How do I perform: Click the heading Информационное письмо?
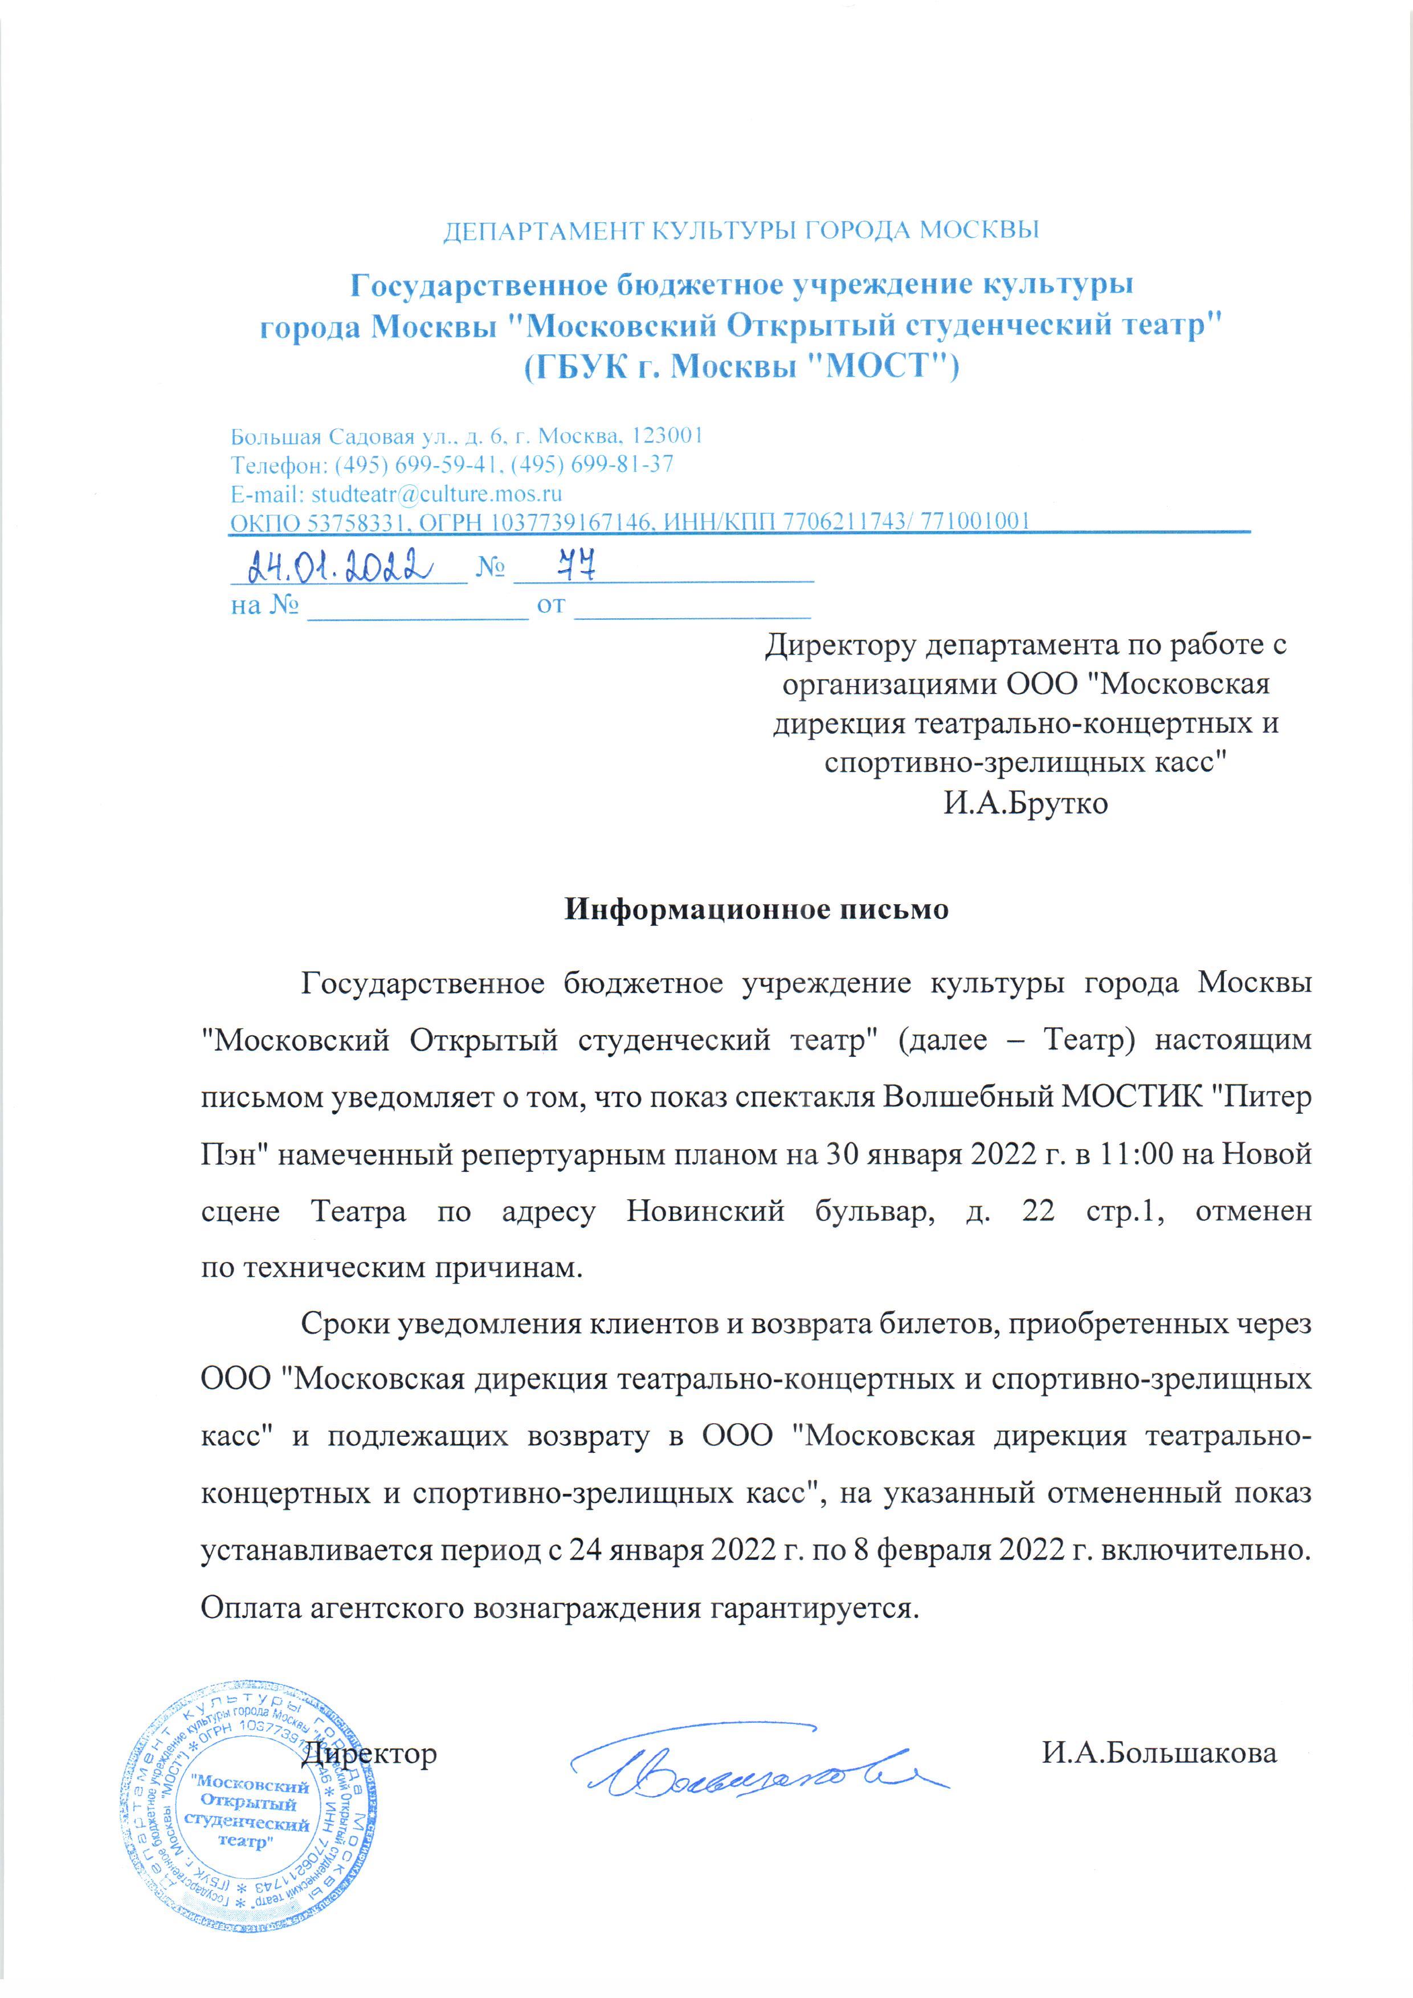click(x=756, y=909)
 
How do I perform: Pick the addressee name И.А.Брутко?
click(x=1026, y=802)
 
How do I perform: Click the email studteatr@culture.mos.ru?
click(x=436, y=493)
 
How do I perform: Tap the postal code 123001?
click(x=667, y=435)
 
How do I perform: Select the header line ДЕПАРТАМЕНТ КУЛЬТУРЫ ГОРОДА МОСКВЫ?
click(x=741, y=231)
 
